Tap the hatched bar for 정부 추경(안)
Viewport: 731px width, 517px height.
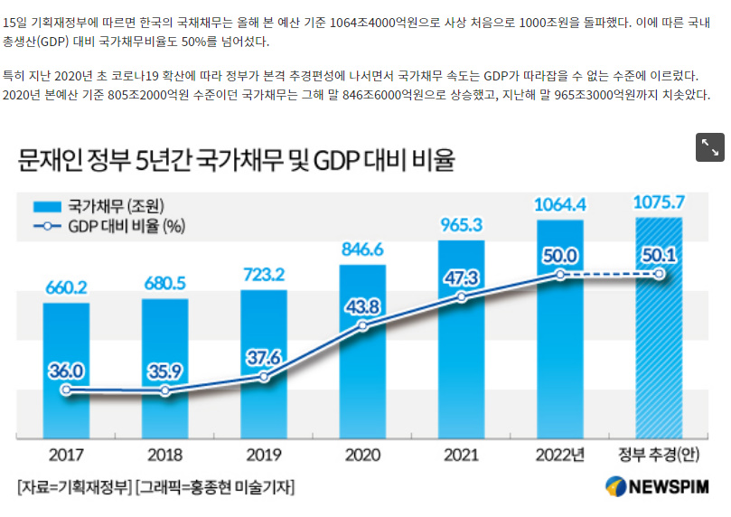pyautogui.click(x=660, y=362)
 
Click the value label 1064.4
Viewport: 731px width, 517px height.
pyautogui.click(x=560, y=203)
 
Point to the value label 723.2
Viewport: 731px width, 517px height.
pyautogui.click(x=264, y=274)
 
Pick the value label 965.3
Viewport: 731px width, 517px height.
pyautogui.click(x=462, y=223)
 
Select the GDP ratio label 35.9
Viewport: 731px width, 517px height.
pyautogui.click(x=164, y=371)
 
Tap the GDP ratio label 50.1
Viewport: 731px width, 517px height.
pyautogui.click(x=660, y=256)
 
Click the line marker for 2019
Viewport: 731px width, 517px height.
pyautogui.click(x=264, y=376)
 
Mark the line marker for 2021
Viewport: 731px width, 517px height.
pyautogui.click(x=462, y=297)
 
